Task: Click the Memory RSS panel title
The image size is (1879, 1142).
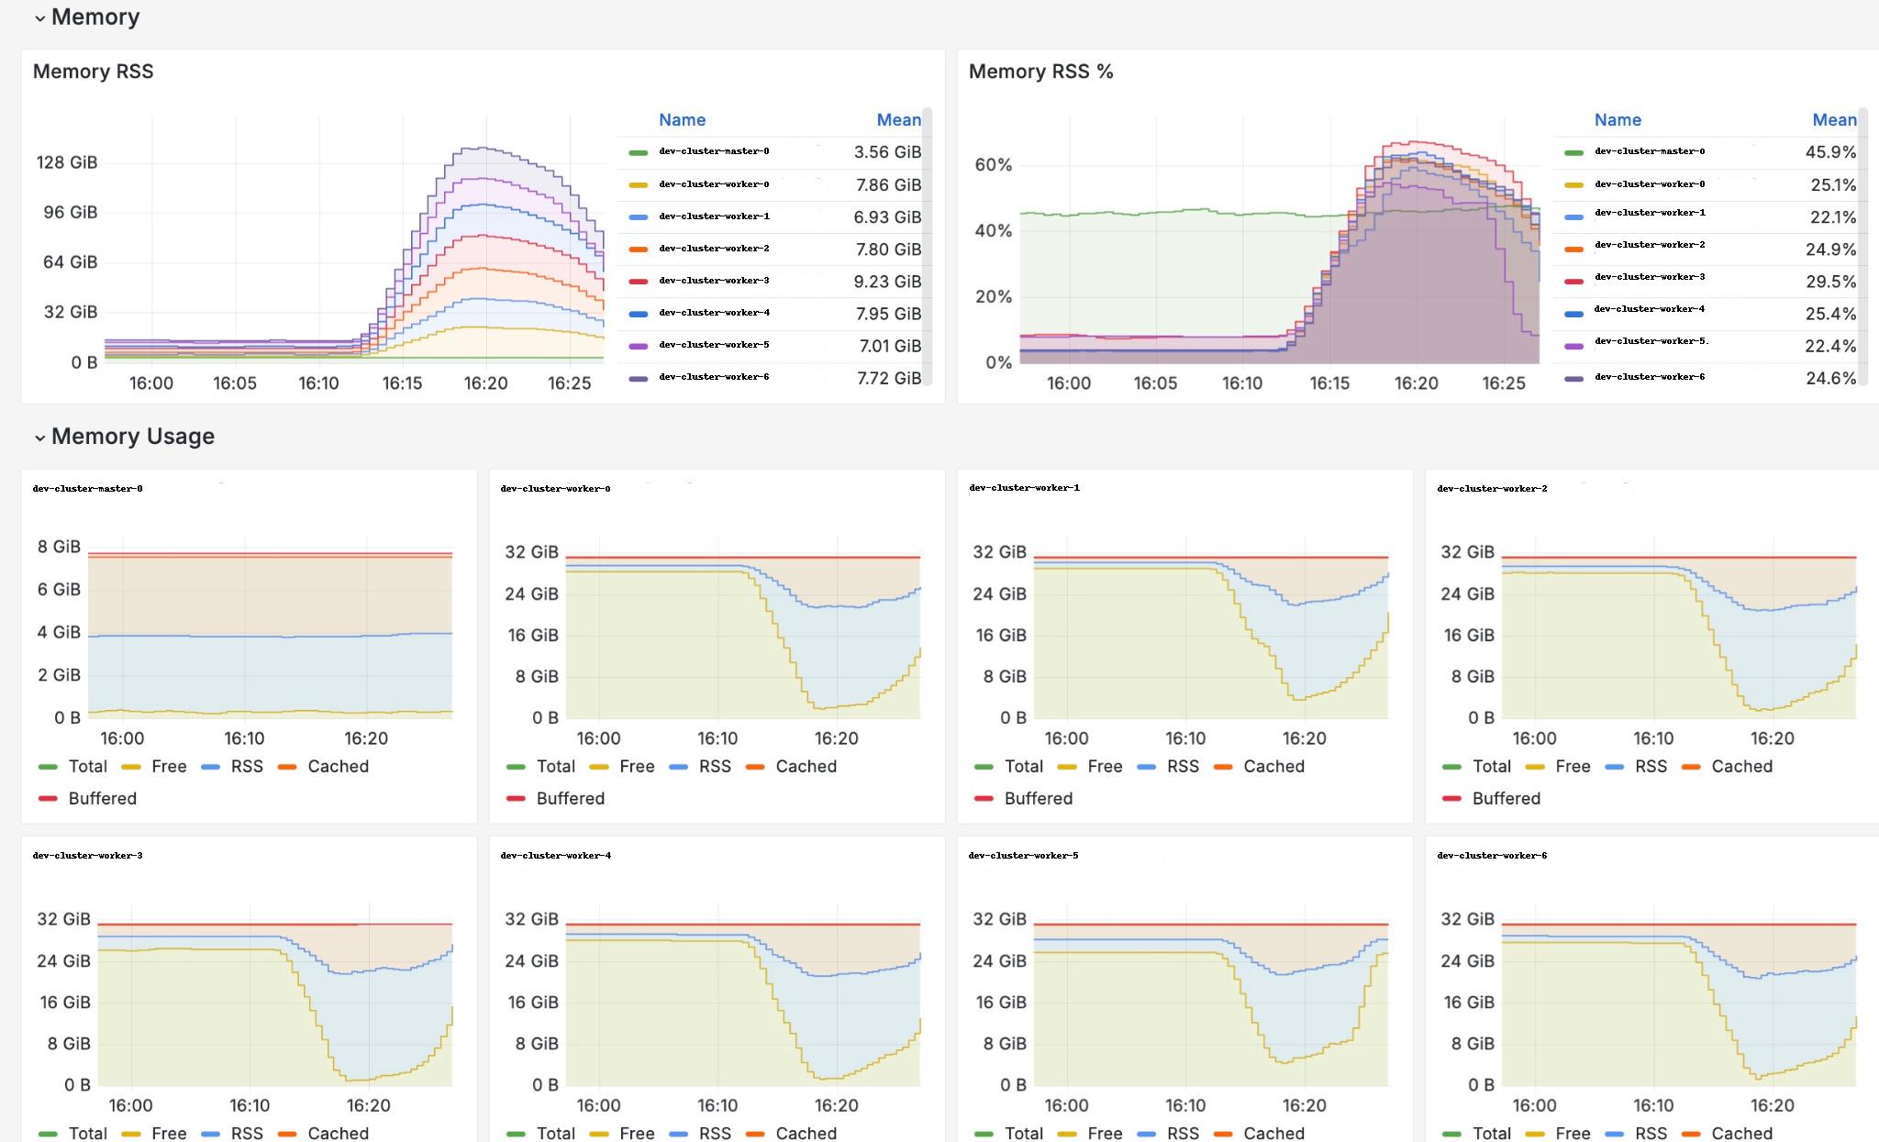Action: [x=93, y=72]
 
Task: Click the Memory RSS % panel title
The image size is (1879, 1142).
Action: [x=1040, y=72]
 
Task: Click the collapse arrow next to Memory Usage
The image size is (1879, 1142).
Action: [x=39, y=438]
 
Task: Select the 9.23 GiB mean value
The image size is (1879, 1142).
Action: [x=886, y=282]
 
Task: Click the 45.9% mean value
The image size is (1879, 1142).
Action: [x=1829, y=152]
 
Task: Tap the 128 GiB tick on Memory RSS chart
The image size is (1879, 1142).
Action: [x=66, y=162]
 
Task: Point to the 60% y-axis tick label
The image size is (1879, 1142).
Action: [x=993, y=165]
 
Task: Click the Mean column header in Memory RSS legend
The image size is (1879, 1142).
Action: [x=897, y=120]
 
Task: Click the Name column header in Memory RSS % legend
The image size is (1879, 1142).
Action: [x=1617, y=120]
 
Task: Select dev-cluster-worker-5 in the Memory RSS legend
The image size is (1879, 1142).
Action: [x=713, y=345]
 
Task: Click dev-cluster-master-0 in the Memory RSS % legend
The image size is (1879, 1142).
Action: [x=1649, y=151]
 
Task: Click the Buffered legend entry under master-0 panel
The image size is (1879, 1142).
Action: [x=101, y=798]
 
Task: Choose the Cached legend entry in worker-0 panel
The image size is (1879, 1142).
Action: [x=805, y=766]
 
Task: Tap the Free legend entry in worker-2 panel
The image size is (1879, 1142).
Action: [x=1572, y=766]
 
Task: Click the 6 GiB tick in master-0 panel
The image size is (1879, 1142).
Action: [x=59, y=589]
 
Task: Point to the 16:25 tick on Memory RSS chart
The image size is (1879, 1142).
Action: [x=569, y=383]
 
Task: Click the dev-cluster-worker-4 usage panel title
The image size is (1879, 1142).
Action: [x=555, y=855]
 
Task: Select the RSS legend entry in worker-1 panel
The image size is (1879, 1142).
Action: [x=1182, y=766]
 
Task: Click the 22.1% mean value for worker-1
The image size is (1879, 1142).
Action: [x=1831, y=217]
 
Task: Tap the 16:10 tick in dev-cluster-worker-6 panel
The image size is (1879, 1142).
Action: [x=1652, y=1105]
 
